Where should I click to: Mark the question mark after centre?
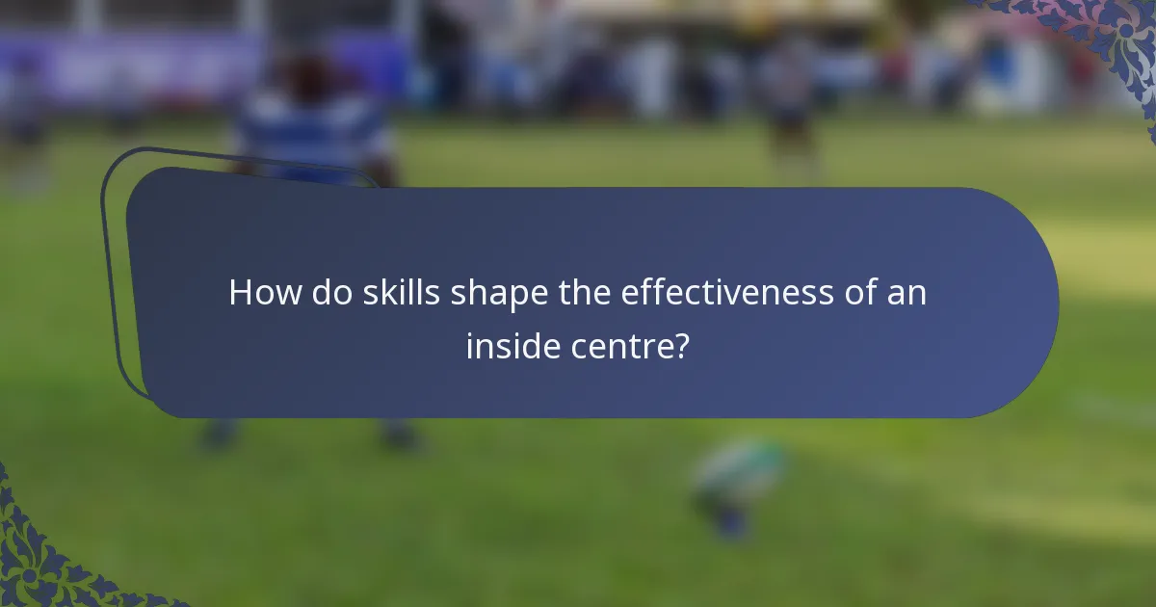[681, 346]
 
